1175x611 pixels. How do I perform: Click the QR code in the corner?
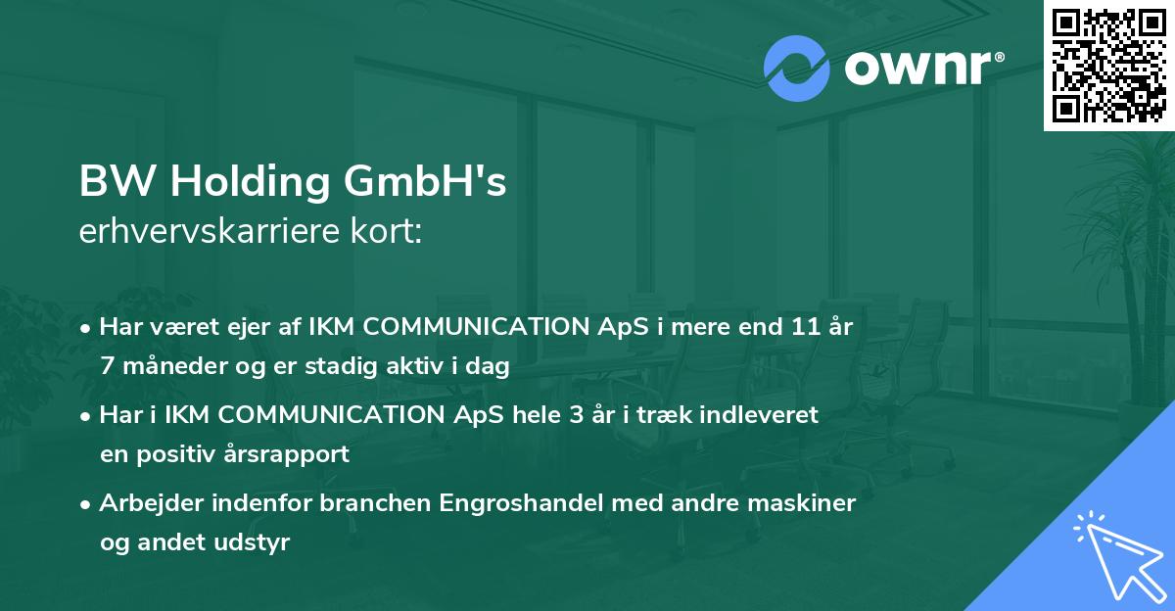1108,65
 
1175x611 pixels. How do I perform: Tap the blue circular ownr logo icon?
797,69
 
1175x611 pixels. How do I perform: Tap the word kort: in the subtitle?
389,233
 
